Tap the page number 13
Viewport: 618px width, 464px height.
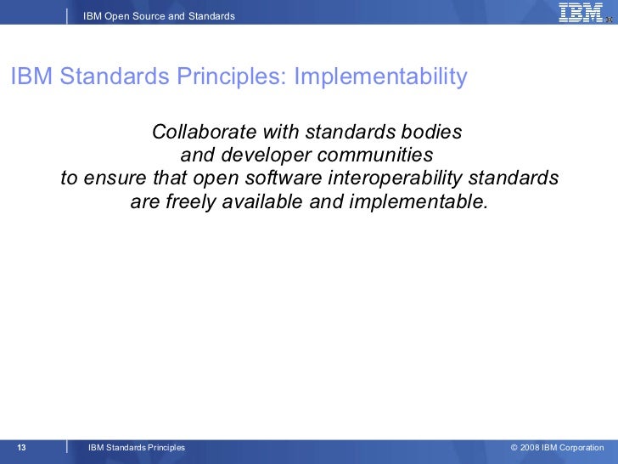(22, 448)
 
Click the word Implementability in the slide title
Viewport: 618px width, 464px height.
(380, 77)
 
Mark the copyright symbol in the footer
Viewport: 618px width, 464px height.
(514, 448)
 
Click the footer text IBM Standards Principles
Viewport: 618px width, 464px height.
(136, 448)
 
